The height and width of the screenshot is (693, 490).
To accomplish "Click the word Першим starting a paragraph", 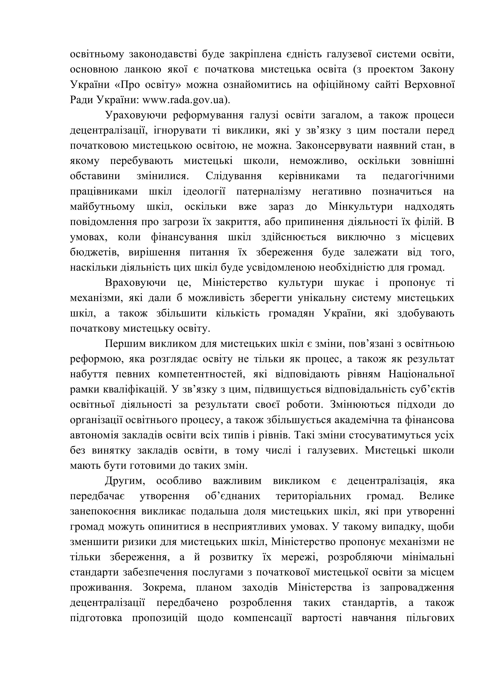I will click(123, 344).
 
